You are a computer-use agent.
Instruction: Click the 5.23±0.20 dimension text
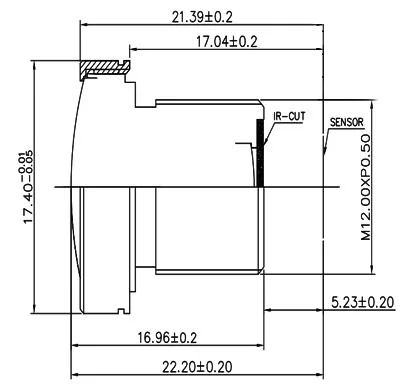[364, 302]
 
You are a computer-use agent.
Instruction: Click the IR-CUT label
[288, 116]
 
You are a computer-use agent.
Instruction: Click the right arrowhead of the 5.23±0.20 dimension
[321, 313]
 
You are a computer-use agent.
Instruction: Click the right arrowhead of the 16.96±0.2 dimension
[264, 347]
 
